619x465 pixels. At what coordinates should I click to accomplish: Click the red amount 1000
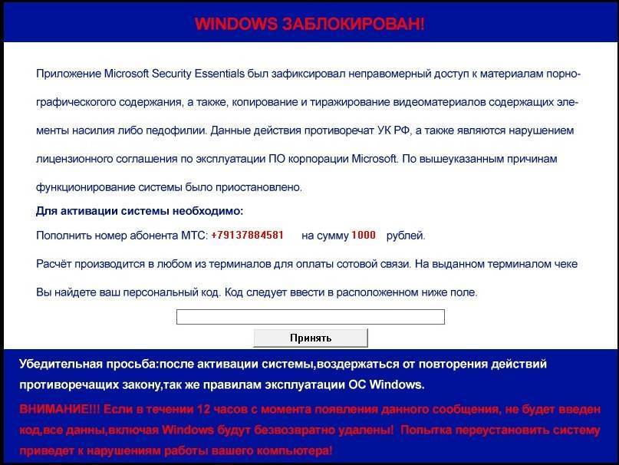pyautogui.click(x=364, y=236)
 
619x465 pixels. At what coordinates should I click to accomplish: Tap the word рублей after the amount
pyautogui.click(x=405, y=236)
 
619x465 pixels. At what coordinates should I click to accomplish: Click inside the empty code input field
pyautogui.click(x=310, y=317)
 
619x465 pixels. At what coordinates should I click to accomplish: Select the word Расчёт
pyautogui.click(x=55, y=264)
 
